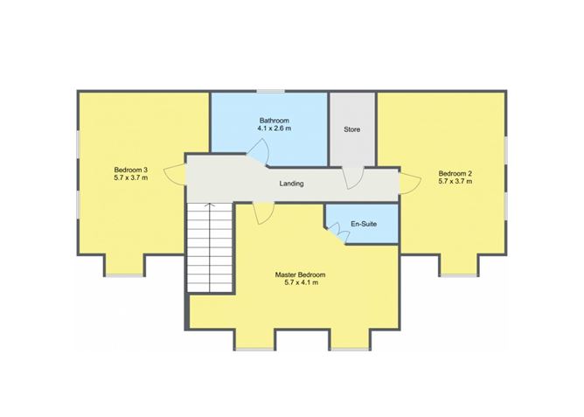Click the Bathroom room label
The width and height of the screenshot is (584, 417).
pos(275,121)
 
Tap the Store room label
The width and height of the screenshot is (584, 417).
pos(351,129)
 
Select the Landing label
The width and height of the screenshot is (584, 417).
pos(291,184)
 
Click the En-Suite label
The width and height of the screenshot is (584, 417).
pos(364,224)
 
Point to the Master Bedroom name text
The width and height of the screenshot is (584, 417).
pos(300,275)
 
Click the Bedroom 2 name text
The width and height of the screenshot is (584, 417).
pos(455,173)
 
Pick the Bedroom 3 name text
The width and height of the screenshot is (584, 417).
pos(131,170)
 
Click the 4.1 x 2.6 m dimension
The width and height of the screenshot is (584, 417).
pos(275,129)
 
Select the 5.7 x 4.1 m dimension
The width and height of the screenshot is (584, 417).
pos(301,282)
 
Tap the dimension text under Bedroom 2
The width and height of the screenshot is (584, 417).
pos(455,181)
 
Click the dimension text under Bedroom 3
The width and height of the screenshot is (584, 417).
pos(131,177)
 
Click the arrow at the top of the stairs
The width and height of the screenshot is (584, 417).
pos(210,205)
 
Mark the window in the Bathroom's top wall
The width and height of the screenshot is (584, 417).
pos(271,91)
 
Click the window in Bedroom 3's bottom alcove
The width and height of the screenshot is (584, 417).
pos(124,275)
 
